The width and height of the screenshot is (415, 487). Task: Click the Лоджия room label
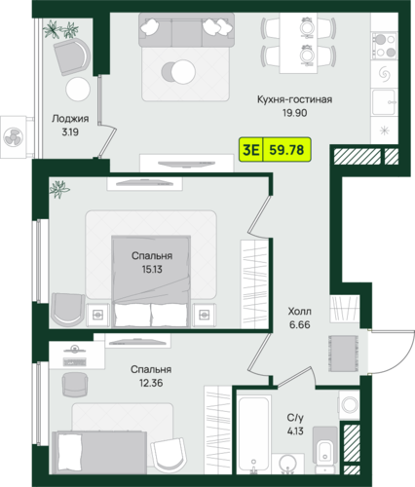coord(70,119)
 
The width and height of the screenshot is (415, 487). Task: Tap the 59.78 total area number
coord(286,150)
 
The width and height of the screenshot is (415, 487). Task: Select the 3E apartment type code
coord(251,150)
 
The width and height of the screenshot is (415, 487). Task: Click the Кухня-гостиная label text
coord(294,99)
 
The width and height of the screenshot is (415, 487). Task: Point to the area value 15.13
coord(152,269)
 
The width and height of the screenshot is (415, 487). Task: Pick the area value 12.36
coord(151,383)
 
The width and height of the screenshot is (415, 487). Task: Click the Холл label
coord(299,311)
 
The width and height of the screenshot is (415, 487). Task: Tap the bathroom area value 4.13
coord(295,431)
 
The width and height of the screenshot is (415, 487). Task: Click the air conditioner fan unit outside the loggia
coord(14,137)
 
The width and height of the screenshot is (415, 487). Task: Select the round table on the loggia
coord(78,89)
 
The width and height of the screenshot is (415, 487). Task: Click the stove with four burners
coord(385,46)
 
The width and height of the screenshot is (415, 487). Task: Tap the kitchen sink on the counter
coord(385,102)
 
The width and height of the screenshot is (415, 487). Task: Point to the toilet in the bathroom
coord(324,449)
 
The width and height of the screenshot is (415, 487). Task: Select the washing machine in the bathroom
coord(349,405)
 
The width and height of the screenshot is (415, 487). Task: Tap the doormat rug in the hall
coord(344,354)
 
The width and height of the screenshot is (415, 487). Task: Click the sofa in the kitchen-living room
coord(186,30)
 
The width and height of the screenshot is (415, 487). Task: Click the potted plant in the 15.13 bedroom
coord(58,189)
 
